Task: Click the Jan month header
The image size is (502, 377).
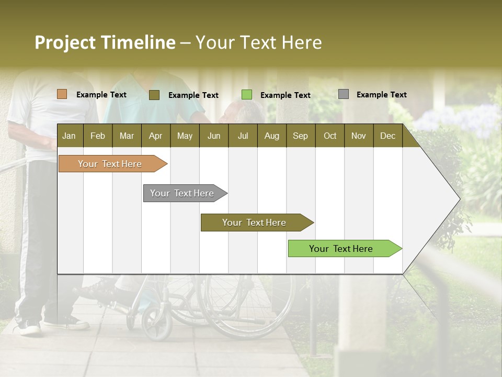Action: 69,136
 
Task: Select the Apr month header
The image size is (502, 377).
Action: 155,136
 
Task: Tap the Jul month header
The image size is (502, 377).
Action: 243,136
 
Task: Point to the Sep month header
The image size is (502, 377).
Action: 300,136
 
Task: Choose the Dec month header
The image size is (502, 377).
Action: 387,136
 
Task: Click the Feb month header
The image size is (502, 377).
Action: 98,136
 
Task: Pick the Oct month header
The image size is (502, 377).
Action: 330,136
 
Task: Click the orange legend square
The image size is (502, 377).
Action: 62,94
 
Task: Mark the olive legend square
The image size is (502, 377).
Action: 154,95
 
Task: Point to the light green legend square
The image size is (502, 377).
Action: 247,95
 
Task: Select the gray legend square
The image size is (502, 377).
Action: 344,94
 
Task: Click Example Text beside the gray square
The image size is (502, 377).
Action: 381,95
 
